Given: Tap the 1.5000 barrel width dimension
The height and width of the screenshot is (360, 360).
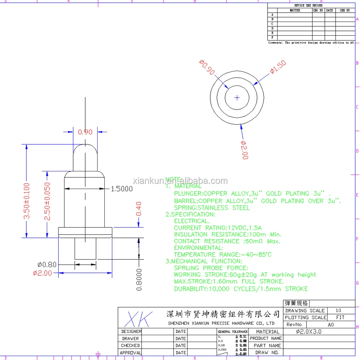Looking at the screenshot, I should point(122,189).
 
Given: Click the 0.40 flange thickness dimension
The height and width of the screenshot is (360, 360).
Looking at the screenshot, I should point(139,209).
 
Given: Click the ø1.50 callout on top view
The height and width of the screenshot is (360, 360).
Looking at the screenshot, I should point(278,67).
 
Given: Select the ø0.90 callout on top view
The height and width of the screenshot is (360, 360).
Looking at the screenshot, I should point(207,67).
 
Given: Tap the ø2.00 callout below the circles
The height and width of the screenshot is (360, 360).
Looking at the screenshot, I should point(245,150).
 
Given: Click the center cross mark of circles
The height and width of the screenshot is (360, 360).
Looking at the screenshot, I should point(237,98).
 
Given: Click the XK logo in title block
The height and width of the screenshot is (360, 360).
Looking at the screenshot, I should point(139,319).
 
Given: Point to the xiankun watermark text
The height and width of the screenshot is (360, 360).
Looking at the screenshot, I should point(180,181).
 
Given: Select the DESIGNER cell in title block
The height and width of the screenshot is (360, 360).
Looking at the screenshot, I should point(130,331).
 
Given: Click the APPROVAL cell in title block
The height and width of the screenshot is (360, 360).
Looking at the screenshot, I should point(130,353).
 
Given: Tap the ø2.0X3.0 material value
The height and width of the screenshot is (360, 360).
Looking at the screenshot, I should point(309,332).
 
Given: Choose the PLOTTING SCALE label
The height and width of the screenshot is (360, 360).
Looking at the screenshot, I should point(306,318).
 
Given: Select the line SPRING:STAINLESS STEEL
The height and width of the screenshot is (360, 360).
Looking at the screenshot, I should point(212,208).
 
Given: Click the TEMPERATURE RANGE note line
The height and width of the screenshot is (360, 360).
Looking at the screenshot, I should point(223,255).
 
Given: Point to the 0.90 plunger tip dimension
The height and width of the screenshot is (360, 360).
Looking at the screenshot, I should point(85,132).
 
